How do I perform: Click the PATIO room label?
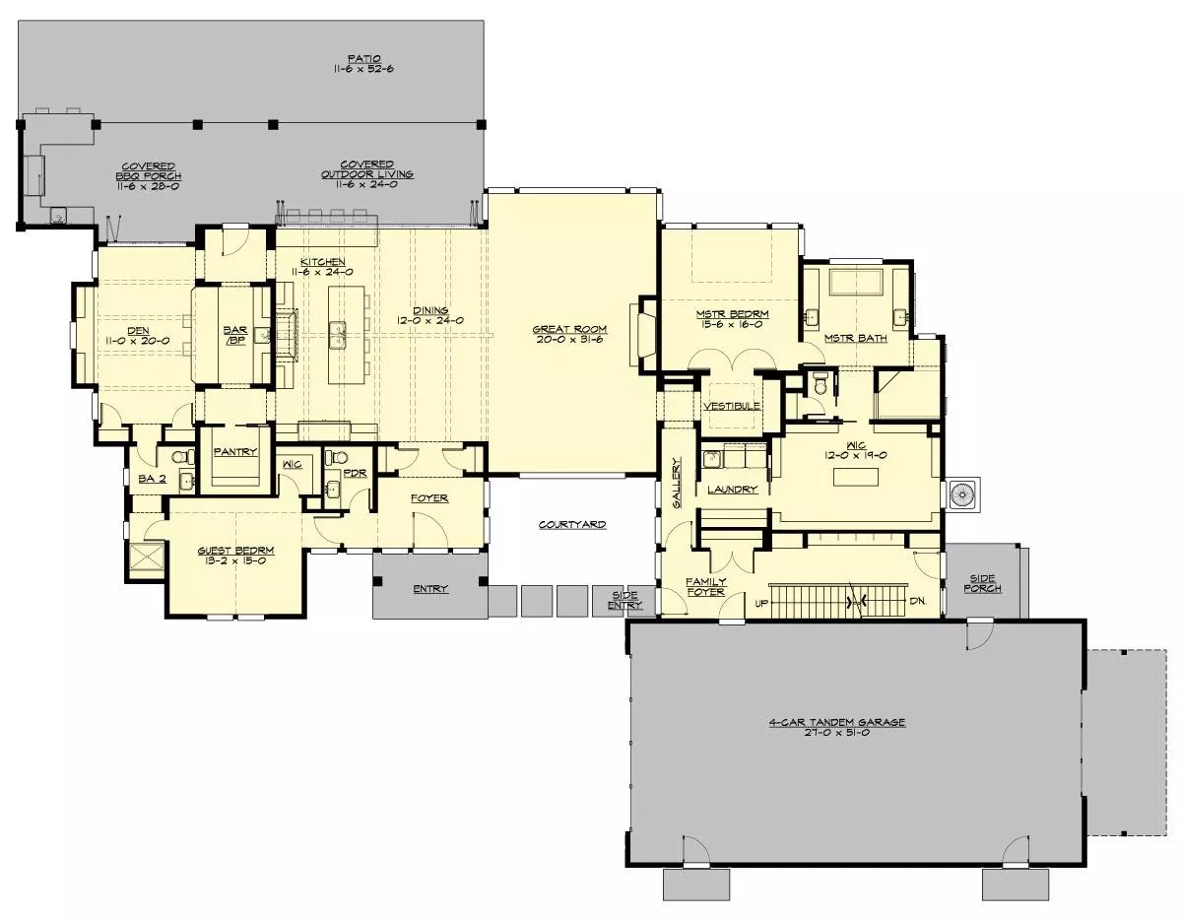click(364, 58)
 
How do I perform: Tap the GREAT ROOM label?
click(569, 329)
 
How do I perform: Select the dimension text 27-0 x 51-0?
click(836, 733)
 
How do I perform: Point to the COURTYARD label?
click(572, 525)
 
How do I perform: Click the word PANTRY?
click(235, 451)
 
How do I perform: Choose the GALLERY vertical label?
click(677, 483)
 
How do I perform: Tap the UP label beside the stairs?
click(761, 603)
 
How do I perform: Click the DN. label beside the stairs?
click(918, 601)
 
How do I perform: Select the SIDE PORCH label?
click(982, 583)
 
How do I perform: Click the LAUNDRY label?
click(732, 490)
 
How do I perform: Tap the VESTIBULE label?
click(732, 406)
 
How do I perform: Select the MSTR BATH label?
click(856, 338)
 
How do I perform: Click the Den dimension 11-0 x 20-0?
click(138, 341)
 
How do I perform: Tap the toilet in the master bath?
click(820, 383)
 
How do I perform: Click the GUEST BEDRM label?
click(235, 551)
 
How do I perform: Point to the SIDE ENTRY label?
click(625, 600)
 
